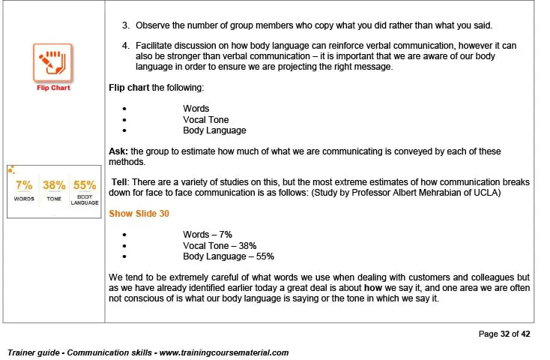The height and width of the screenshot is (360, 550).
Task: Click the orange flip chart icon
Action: pos(52,63)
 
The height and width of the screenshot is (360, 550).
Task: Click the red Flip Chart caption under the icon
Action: pos(52,88)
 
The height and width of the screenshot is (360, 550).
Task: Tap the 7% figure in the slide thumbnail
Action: pos(23,185)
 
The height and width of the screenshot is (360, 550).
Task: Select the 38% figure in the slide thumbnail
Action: pos(54,185)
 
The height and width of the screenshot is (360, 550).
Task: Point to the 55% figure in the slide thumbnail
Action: pos(85,185)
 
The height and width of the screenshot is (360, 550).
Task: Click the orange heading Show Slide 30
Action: pos(139,214)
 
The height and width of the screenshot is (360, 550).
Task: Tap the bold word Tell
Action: pos(121,182)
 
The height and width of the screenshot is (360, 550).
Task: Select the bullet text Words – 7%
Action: pos(208,235)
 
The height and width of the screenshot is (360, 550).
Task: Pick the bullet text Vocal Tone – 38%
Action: pos(220,245)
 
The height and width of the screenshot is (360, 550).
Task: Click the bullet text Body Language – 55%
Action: pos(229,256)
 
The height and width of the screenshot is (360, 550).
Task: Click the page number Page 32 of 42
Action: pos(504,334)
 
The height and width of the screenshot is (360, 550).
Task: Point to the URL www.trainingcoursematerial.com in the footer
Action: pos(223,352)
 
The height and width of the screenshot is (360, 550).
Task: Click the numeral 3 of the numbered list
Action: pos(125,27)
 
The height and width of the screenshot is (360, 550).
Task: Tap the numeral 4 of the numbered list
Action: pos(125,46)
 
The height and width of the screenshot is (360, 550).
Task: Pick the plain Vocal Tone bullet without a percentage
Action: pos(206,119)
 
